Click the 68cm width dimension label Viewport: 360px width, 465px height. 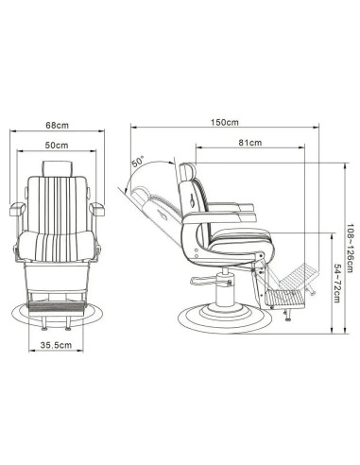pyautogui.click(x=56, y=125)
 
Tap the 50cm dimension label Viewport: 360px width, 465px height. pyautogui.click(x=56, y=146)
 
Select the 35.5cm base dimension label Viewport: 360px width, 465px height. pyautogui.click(x=56, y=346)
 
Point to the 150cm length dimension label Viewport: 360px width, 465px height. pyautogui.click(x=225, y=124)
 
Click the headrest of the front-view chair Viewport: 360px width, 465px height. pyautogui.click(x=57, y=167)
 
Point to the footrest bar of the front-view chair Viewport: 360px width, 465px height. pyautogui.click(x=57, y=303)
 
